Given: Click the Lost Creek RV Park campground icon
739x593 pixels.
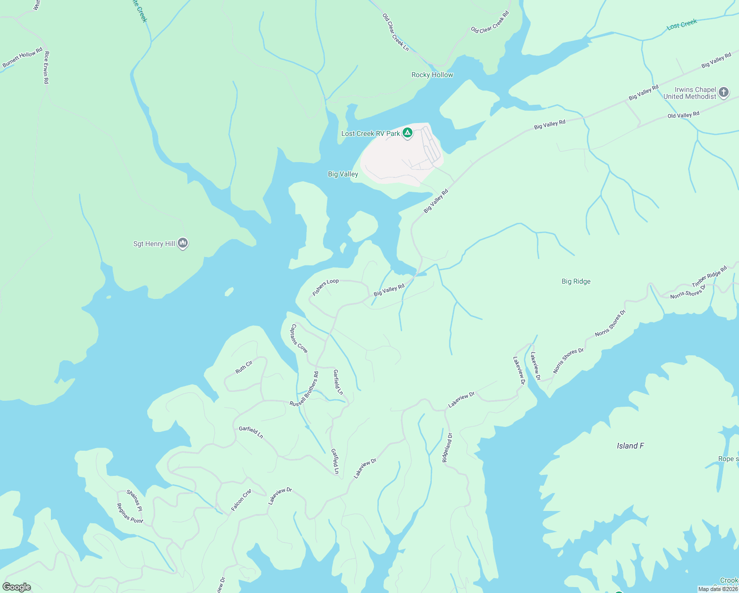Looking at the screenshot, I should coord(408,133).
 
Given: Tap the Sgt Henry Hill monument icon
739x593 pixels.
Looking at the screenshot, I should coord(183,243).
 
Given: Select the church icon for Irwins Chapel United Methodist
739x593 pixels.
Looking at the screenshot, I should coord(724,92).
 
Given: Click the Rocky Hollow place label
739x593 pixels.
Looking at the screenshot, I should coord(432,75).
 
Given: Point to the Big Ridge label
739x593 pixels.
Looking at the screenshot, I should coord(576,281).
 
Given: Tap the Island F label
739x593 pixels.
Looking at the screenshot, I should coord(630,446).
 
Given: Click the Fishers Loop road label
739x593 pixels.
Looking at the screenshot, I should coord(326,287).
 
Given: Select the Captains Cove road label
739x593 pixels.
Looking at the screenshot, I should coord(299,339).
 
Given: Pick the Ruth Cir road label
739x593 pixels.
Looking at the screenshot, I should coord(244,367).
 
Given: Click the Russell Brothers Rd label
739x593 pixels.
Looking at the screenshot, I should coord(304,389).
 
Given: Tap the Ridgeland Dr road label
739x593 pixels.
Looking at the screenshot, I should coord(447,448).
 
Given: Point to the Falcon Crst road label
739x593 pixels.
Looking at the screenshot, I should coord(241,499).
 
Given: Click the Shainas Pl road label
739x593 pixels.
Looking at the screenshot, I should coord(134,500).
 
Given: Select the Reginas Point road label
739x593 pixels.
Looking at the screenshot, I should coord(129,513).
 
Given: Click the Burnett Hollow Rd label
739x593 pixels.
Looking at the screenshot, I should coord(23,58).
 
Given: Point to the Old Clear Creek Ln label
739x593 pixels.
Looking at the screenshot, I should coord(396,32).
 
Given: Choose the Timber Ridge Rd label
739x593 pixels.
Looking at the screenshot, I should coord(709,276).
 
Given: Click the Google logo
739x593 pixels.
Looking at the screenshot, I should coord(17,587).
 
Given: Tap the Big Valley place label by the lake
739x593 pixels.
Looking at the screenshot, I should coord(343,174).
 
